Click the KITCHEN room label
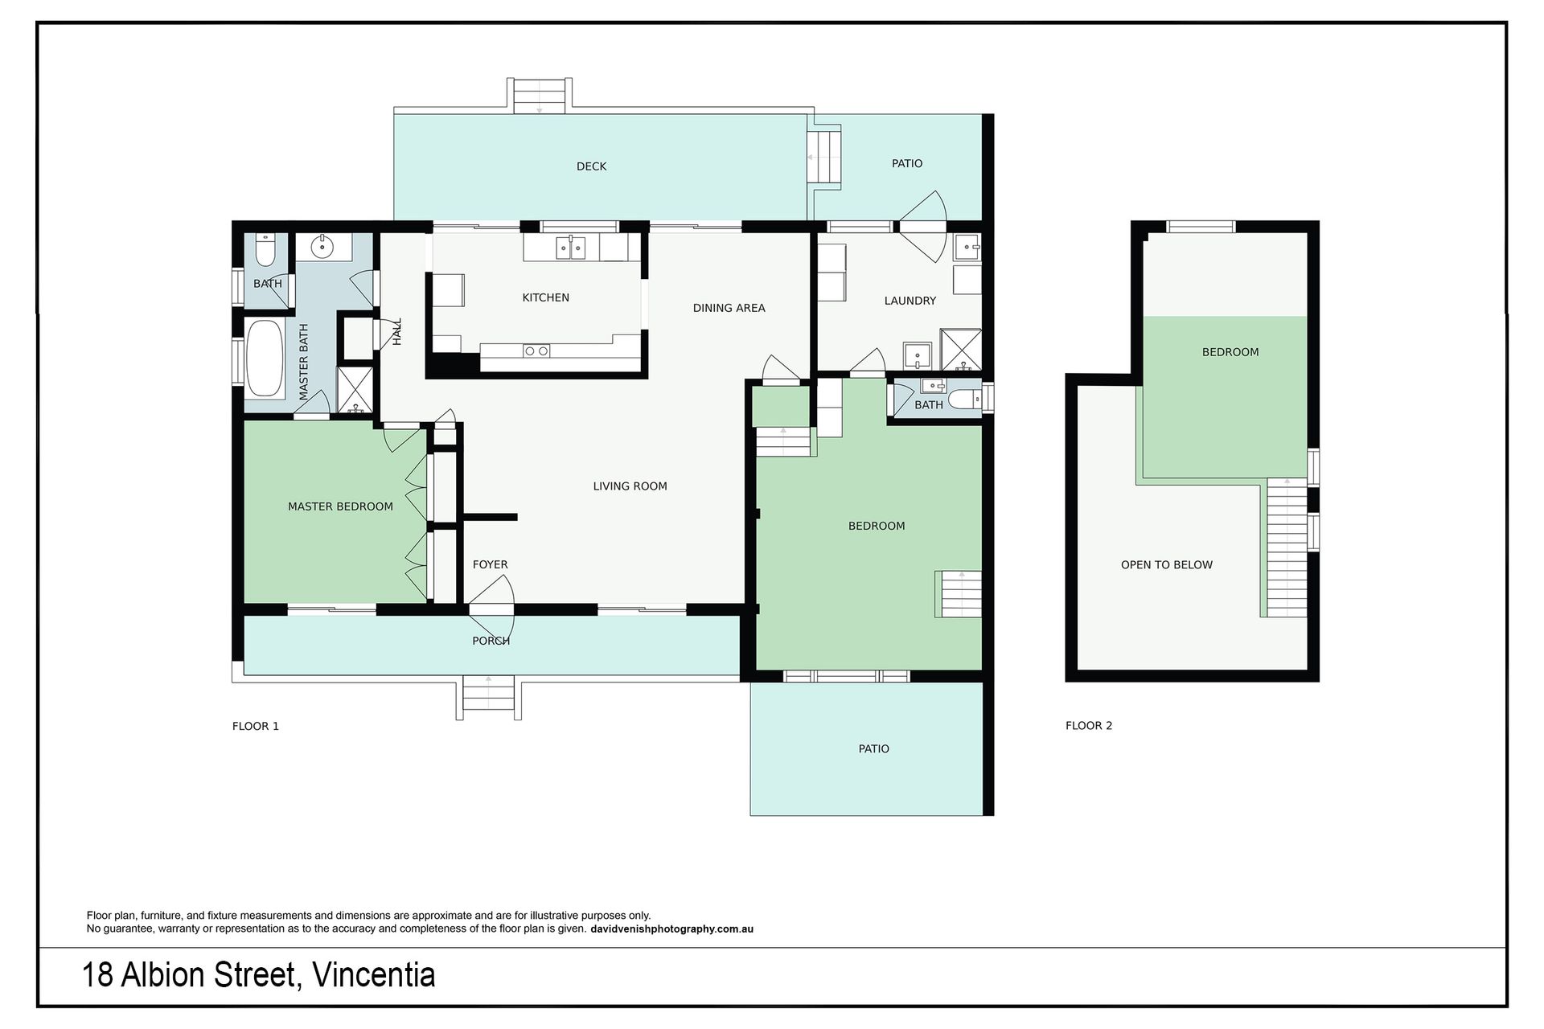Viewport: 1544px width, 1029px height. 545,297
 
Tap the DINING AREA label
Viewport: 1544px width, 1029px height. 729,308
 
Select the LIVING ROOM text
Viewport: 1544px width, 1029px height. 630,486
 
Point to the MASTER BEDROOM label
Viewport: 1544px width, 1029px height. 340,506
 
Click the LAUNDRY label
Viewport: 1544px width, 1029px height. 910,301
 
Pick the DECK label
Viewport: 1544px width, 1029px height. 591,166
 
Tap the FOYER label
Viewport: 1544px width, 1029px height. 490,564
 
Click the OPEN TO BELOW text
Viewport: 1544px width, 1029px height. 1166,564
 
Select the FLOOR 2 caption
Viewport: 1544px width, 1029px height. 1089,725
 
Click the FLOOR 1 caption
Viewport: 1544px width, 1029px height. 255,726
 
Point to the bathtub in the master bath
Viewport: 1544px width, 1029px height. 264,359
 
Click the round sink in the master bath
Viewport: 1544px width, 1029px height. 323,246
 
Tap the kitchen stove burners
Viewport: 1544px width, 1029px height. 536,351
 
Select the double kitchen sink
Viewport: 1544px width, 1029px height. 571,248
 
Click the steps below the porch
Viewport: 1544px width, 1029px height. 488,695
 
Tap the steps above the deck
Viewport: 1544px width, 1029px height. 539,96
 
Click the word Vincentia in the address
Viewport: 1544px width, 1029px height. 373,975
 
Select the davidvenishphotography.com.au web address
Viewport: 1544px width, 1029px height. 671,929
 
